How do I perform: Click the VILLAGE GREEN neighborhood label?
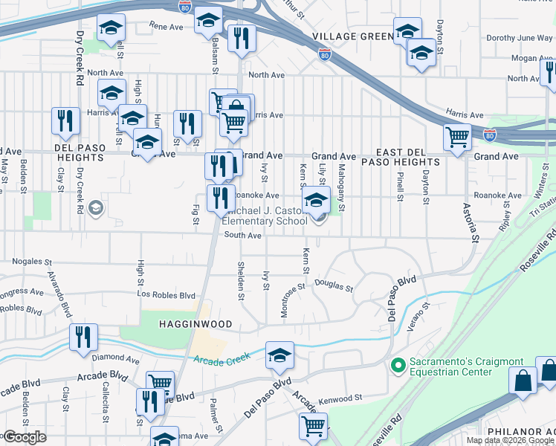tap(352, 36)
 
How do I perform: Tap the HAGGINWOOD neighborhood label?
tap(194, 324)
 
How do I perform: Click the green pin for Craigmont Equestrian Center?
tap(398, 366)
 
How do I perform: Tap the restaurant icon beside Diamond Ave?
tap(83, 337)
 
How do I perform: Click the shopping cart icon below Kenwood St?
tap(313, 426)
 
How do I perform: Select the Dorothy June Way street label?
tap(518, 38)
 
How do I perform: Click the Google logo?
tap(25, 437)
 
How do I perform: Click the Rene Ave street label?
tap(166, 26)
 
